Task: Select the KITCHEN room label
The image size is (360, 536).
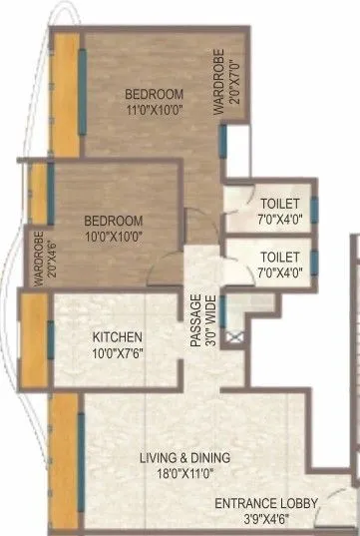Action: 117,336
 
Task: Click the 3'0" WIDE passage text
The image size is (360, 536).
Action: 210,319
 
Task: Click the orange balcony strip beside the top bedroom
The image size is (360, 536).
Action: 66,95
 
